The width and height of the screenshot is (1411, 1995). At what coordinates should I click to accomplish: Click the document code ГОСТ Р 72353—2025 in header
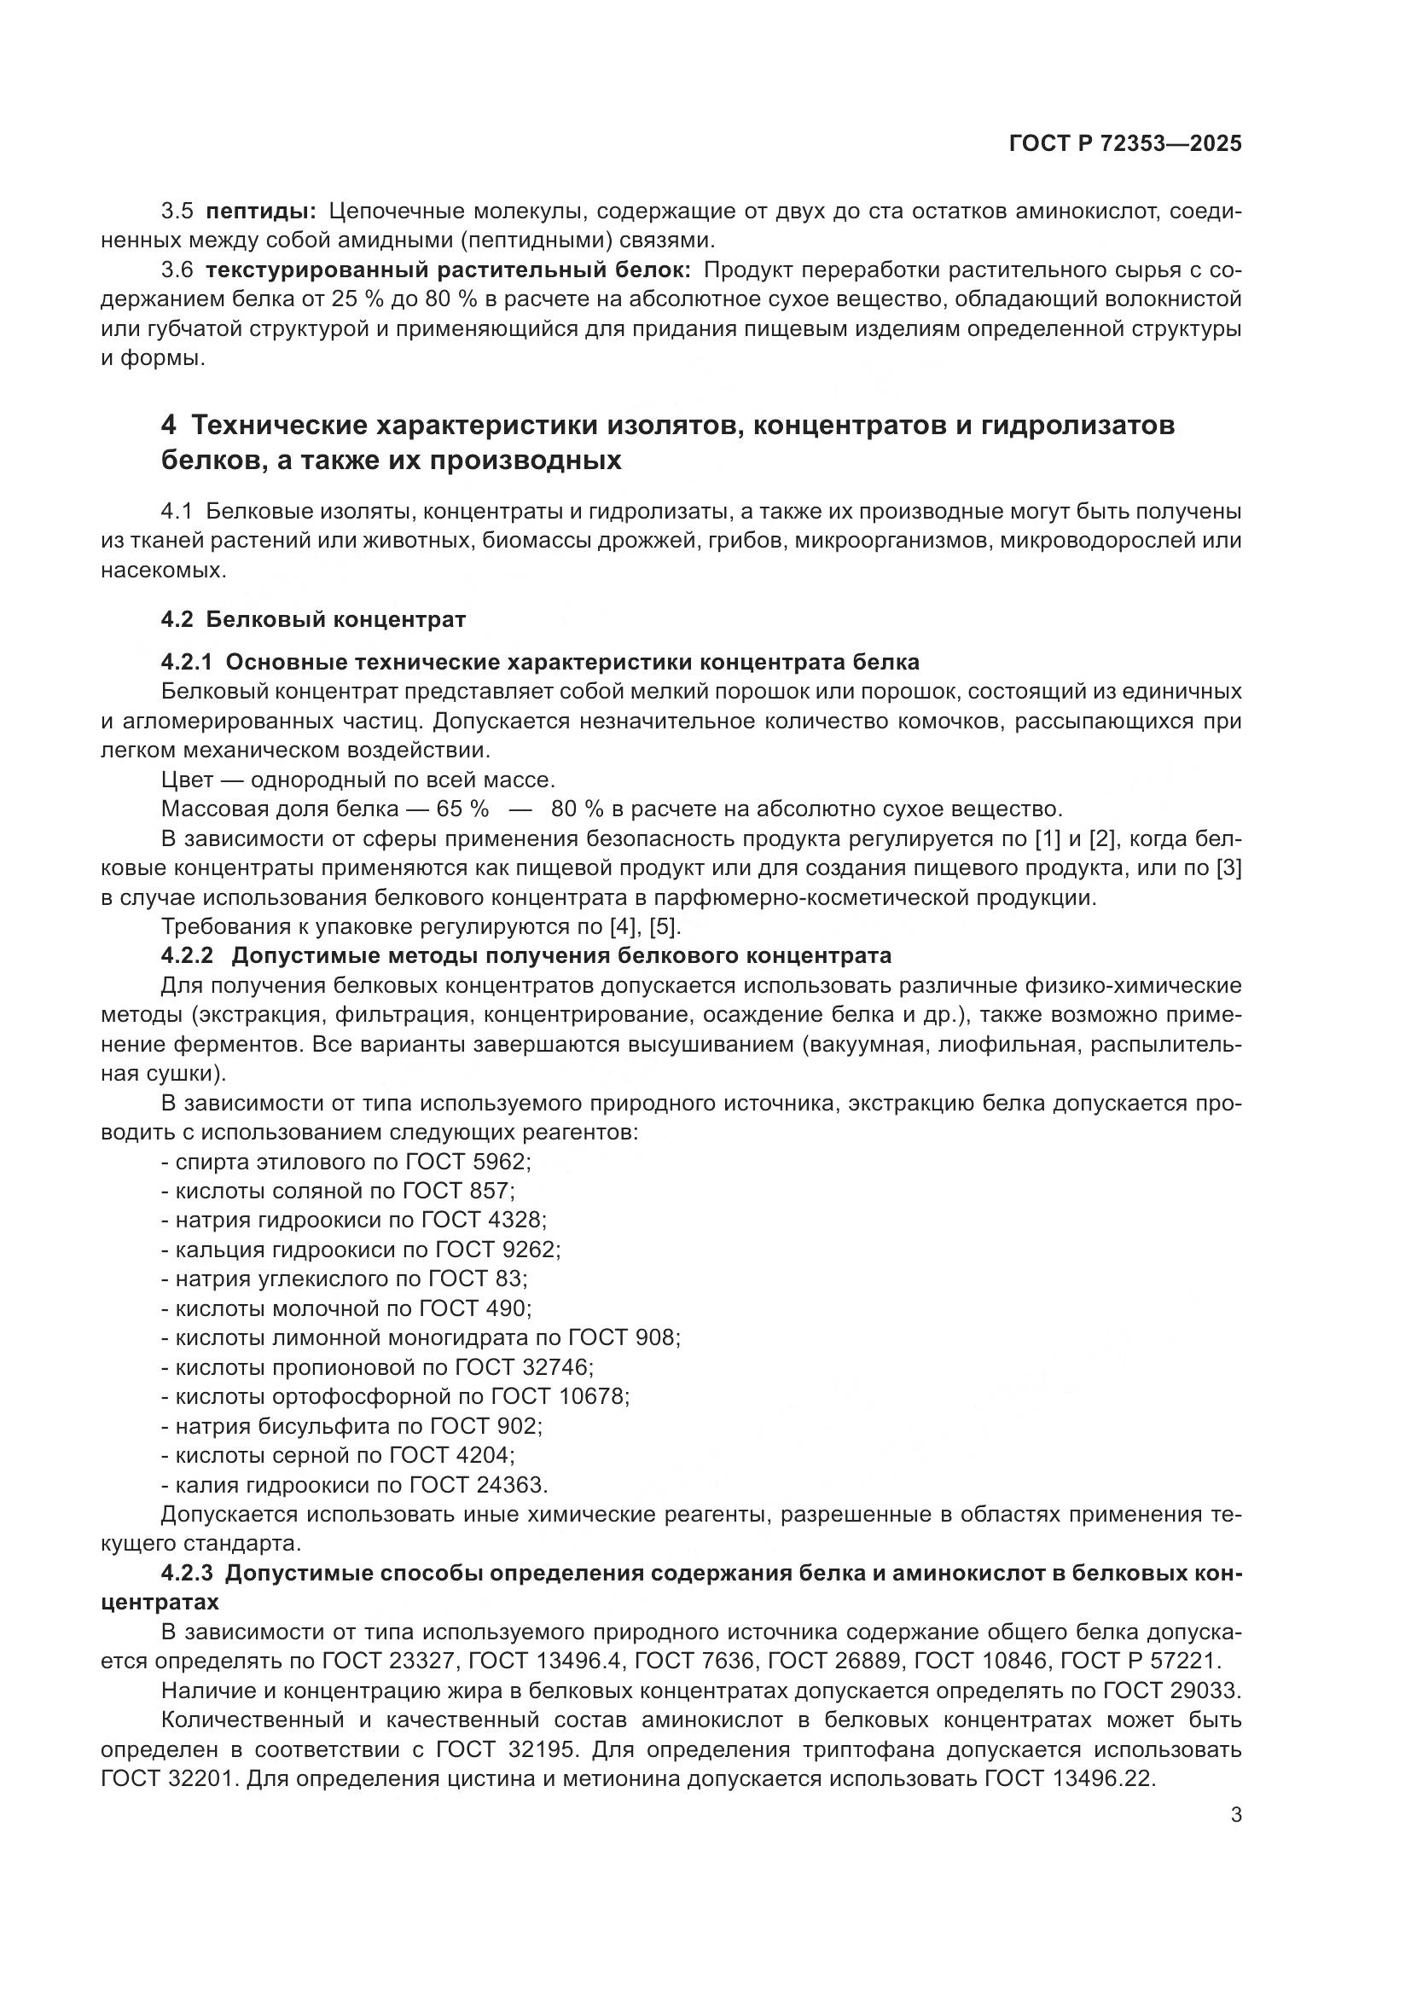click(x=1125, y=144)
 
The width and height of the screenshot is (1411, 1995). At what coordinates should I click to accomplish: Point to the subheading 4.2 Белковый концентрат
click(x=314, y=619)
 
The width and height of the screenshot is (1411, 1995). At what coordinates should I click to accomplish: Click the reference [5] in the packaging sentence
click(x=665, y=926)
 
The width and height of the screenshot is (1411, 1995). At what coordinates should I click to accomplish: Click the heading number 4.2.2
click(x=187, y=956)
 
